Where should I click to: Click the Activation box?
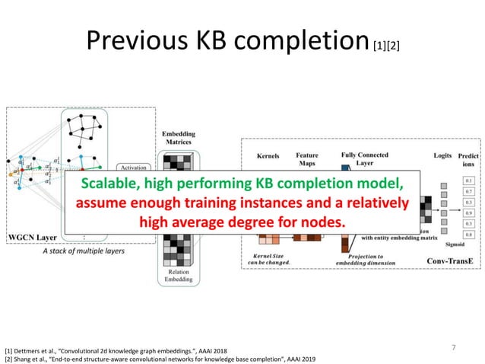pos(136,167)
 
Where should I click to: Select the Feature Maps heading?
pos(307,159)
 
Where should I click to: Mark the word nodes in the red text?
pos(320,222)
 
